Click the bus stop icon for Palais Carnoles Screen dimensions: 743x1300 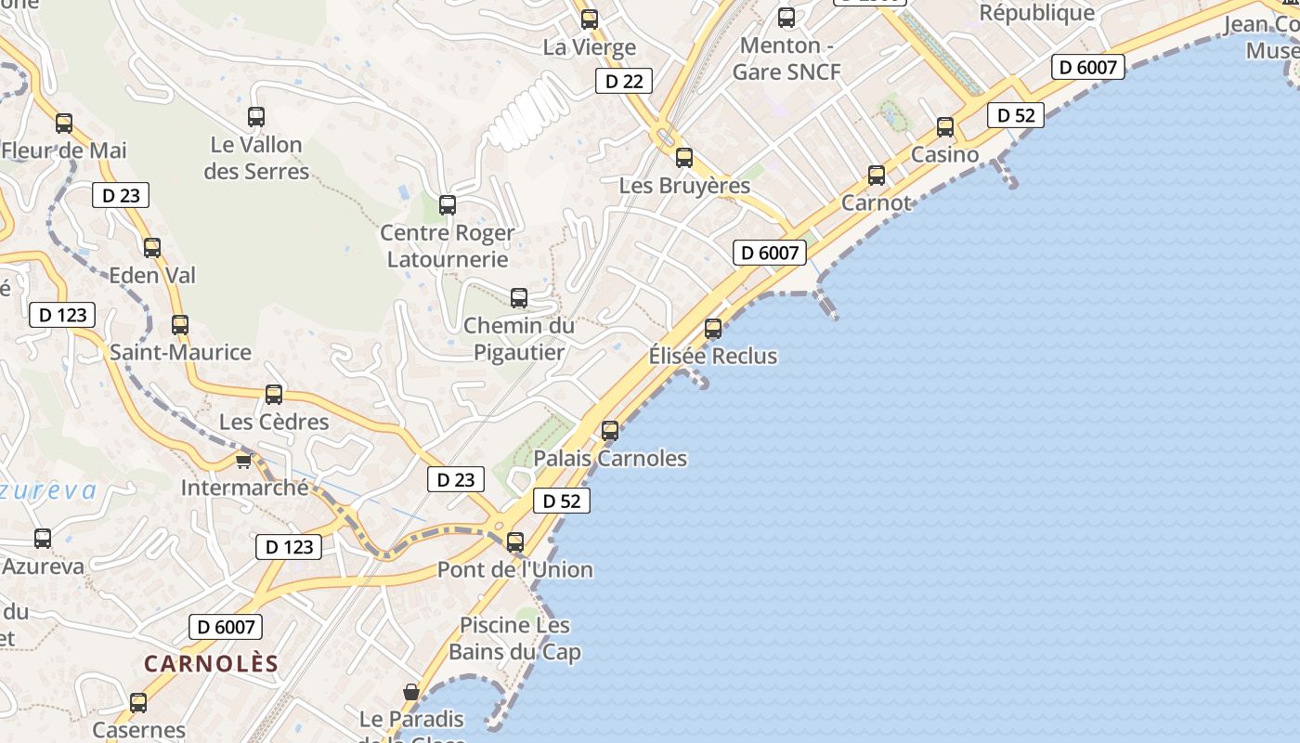click(x=610, y=431)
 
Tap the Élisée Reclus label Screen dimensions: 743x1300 click(x=712, y=356)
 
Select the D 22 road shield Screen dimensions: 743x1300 click(x=624, y=82)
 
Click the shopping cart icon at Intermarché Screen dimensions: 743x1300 click(x=244, y=460)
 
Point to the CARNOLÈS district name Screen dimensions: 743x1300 click(x=211, y=663)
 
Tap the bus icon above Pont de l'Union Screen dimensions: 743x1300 click(x=515, y=542)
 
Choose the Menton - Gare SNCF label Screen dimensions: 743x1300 click(x=786, y=59)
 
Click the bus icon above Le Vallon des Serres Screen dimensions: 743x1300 click(x=256, y=117)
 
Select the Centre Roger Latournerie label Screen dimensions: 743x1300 click(x=448, y=246)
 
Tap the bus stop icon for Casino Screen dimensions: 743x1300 click(x=945, y=127)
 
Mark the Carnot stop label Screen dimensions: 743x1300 click(x=877, y=202)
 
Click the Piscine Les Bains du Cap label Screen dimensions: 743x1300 click(x=515, y=639)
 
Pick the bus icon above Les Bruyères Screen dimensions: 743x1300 click(x=684, y=158)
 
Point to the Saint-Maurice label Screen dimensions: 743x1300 click(x=180, y=353)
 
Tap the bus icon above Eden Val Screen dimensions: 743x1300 click(x=152, y=248)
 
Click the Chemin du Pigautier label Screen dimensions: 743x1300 click(x=519, y=339)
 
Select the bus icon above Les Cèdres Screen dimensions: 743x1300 click(x=274, y=395)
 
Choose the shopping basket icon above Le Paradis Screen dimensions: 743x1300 click(x=411, y=692)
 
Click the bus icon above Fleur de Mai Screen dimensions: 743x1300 click(x=64, y=123)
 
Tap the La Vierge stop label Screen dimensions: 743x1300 click(x=590, y=47)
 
